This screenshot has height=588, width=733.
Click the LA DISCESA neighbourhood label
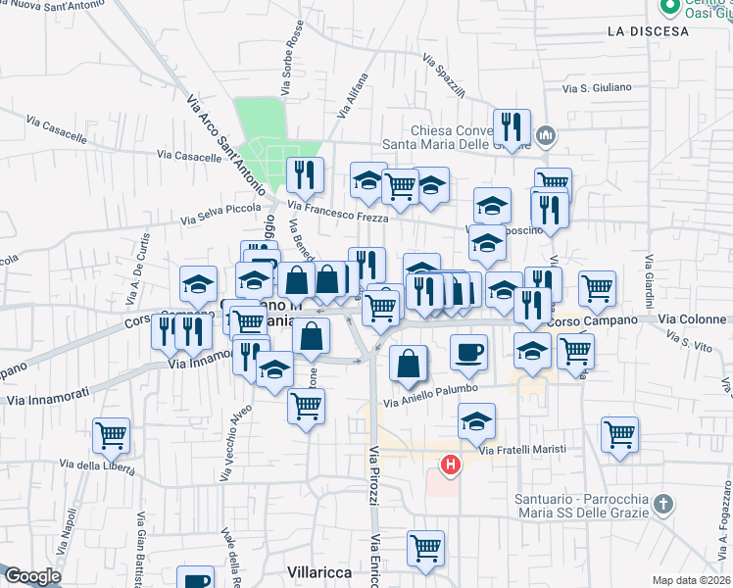pos(648,31)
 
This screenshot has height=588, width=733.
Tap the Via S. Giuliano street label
pos(596,88)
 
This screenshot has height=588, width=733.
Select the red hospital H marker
pos(451,465)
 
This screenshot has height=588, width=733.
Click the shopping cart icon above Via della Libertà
pos(112,434)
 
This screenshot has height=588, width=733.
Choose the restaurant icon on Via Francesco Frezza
pos(305,174)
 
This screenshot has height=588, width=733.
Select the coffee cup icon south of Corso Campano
pos(469,351)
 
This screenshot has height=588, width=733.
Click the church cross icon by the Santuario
pos(663,505)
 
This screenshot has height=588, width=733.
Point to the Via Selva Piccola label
pos(220,215)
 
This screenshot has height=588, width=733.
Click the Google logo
pos(31,576)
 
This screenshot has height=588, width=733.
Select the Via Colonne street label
pos(694,319)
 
